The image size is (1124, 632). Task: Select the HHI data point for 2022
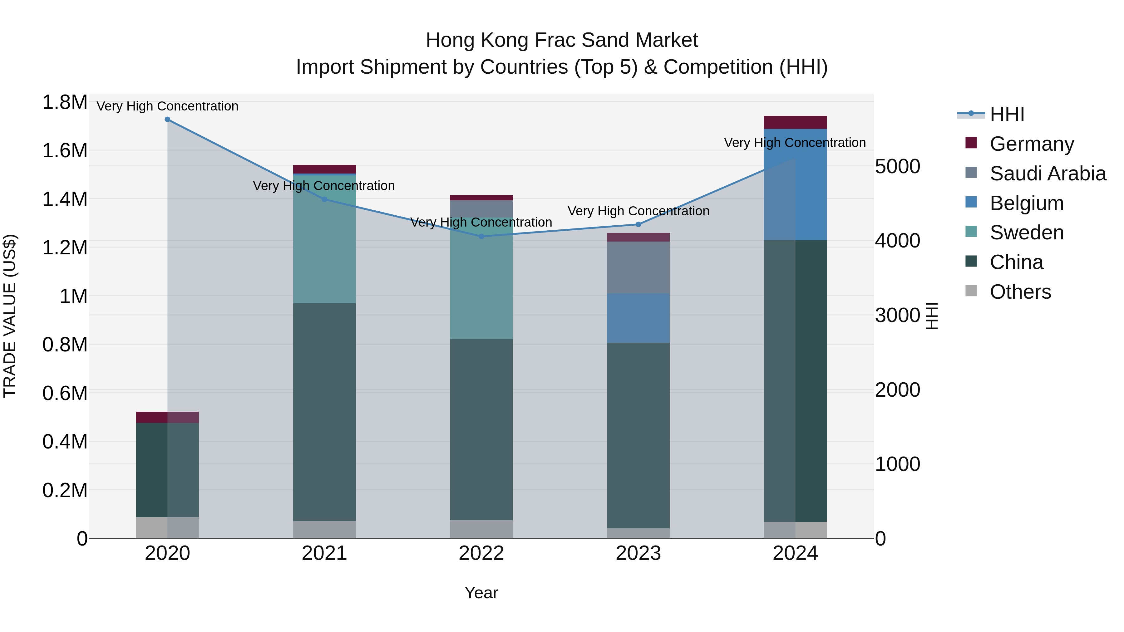[481, 236]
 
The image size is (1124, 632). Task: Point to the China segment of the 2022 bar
[481, 430]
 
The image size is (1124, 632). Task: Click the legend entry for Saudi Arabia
[1047, 174]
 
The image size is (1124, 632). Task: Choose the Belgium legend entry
[1026, 203]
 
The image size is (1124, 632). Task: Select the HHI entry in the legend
[1007, 114]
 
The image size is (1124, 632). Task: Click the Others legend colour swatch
[971, 291]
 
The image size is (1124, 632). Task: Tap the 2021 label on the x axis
[324, 553]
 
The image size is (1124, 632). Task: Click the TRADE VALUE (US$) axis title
[10, 316]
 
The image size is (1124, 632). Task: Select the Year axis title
[481, 593]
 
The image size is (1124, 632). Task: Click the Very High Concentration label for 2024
[795, 143]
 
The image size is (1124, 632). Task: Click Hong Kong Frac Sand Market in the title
[562, 40]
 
